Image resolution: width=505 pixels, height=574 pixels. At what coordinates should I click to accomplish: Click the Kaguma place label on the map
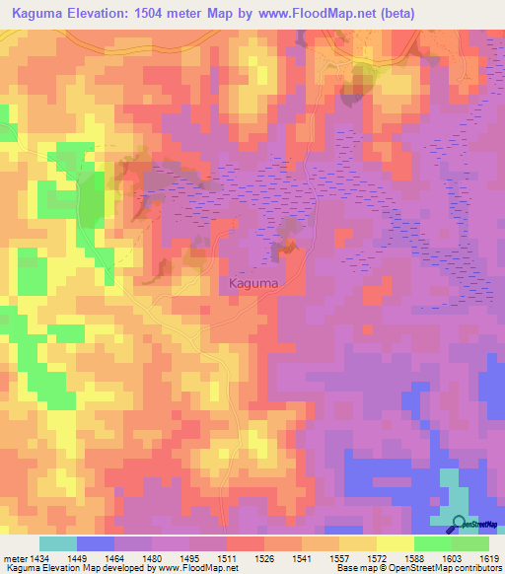pyautogui.click(x=253, y=283)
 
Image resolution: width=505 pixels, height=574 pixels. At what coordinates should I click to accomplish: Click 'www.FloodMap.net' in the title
pyautogui.click(x=308, y=13)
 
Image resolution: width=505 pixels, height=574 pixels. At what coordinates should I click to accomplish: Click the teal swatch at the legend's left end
pyautogui.click(x=57, y=543)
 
